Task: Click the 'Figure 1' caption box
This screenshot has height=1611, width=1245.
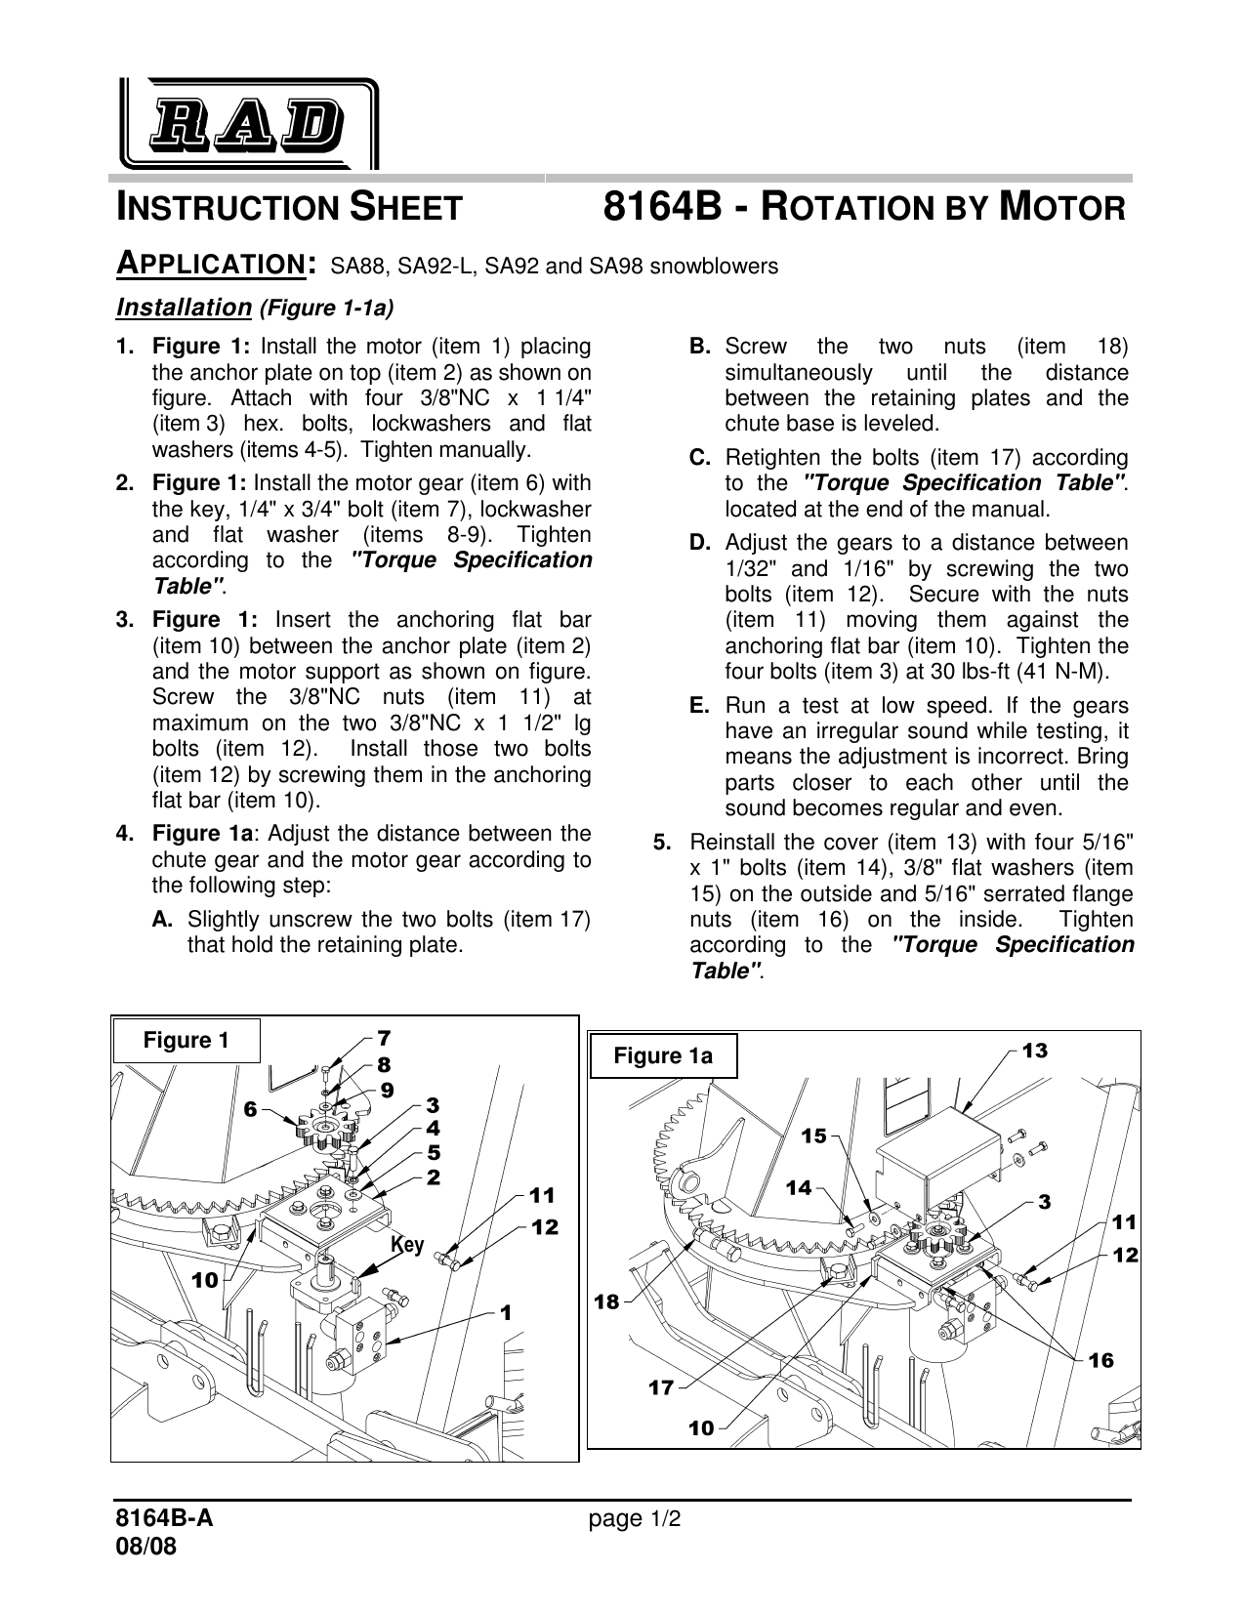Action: [x=187, y=1041]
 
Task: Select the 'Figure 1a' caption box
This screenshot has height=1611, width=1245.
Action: [x=663, y=1056]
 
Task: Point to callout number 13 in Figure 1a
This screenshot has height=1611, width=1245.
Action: [x=1034, y=1051]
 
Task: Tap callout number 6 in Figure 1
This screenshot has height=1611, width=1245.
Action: [x=250, y=1109]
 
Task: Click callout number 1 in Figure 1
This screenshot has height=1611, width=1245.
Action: [x=505, y=1313]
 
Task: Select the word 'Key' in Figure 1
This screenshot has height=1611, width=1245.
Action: [x=407, y=1245]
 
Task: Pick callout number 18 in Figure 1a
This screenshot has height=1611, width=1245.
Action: [x=606, y=1301]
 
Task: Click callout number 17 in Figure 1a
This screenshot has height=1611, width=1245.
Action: [x=661, y=1386]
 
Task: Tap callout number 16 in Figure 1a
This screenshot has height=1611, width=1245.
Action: [x=1100, y=1360]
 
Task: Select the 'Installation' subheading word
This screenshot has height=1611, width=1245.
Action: [x=184, y=309]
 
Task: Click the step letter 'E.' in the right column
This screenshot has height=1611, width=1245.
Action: [x=699, y=705]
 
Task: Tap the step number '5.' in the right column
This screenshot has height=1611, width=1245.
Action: [x=662, y=842]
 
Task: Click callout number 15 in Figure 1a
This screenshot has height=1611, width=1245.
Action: [x=813, y=1136]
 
